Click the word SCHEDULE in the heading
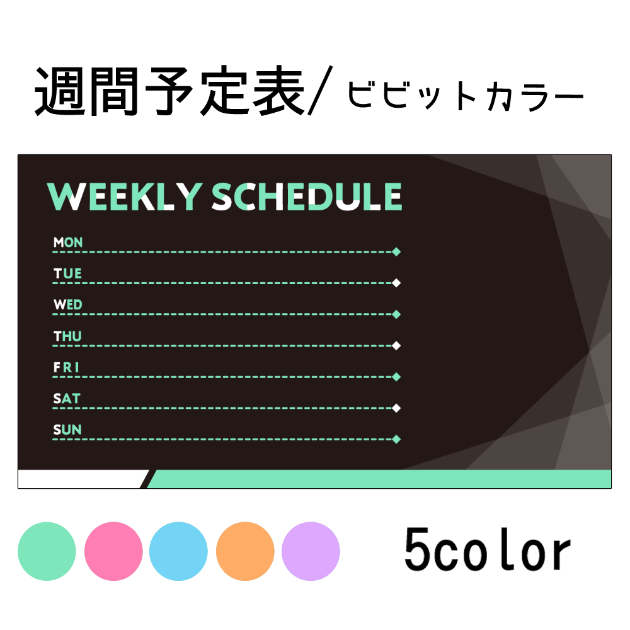point(307,197)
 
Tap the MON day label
point(68,242)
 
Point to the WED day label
point(68,305)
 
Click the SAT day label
point(67,399)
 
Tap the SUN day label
point(67,430)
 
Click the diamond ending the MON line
point(396,252)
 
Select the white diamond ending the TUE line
point(396,283)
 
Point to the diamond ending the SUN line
point(396,439)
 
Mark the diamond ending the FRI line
point(396,377)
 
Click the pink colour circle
point(113,551)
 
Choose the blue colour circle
point(179,551)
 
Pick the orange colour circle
point(245,551)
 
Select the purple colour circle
point(311,551)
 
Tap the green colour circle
point(47,551)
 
